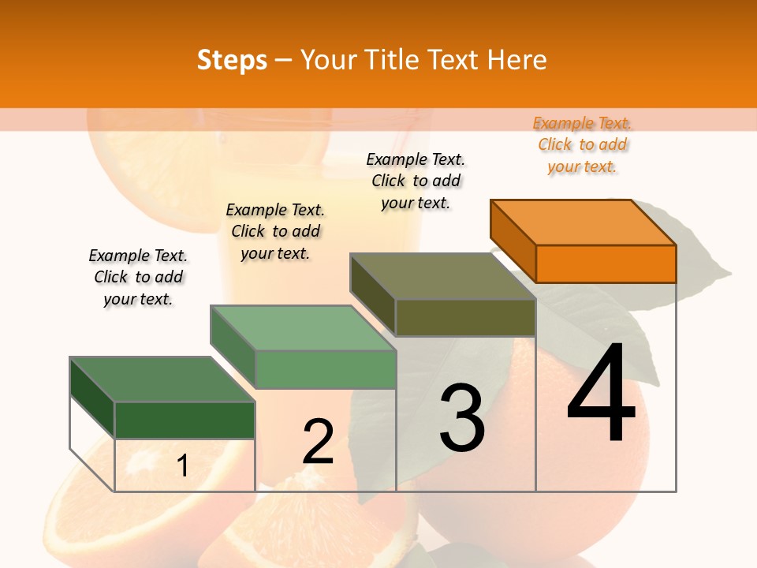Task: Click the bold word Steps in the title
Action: click(232, 60)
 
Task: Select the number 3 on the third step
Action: click(462, 418)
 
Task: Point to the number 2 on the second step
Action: click(319, 441)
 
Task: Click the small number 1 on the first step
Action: click(182, 466)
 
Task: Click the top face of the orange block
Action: click(584, 222)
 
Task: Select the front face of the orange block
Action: click(606, 263)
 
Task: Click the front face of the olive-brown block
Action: click(465, 318)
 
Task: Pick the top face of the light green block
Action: click(304, 328)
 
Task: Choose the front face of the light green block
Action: click(326, 369)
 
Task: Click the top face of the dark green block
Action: click(162, 379)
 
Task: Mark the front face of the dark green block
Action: click(185, 420)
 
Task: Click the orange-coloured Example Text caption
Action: click(582, 144)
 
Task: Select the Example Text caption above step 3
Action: click(416, 181)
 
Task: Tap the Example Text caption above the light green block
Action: click(275, 231)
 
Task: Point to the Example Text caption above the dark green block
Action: click(138, 277)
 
